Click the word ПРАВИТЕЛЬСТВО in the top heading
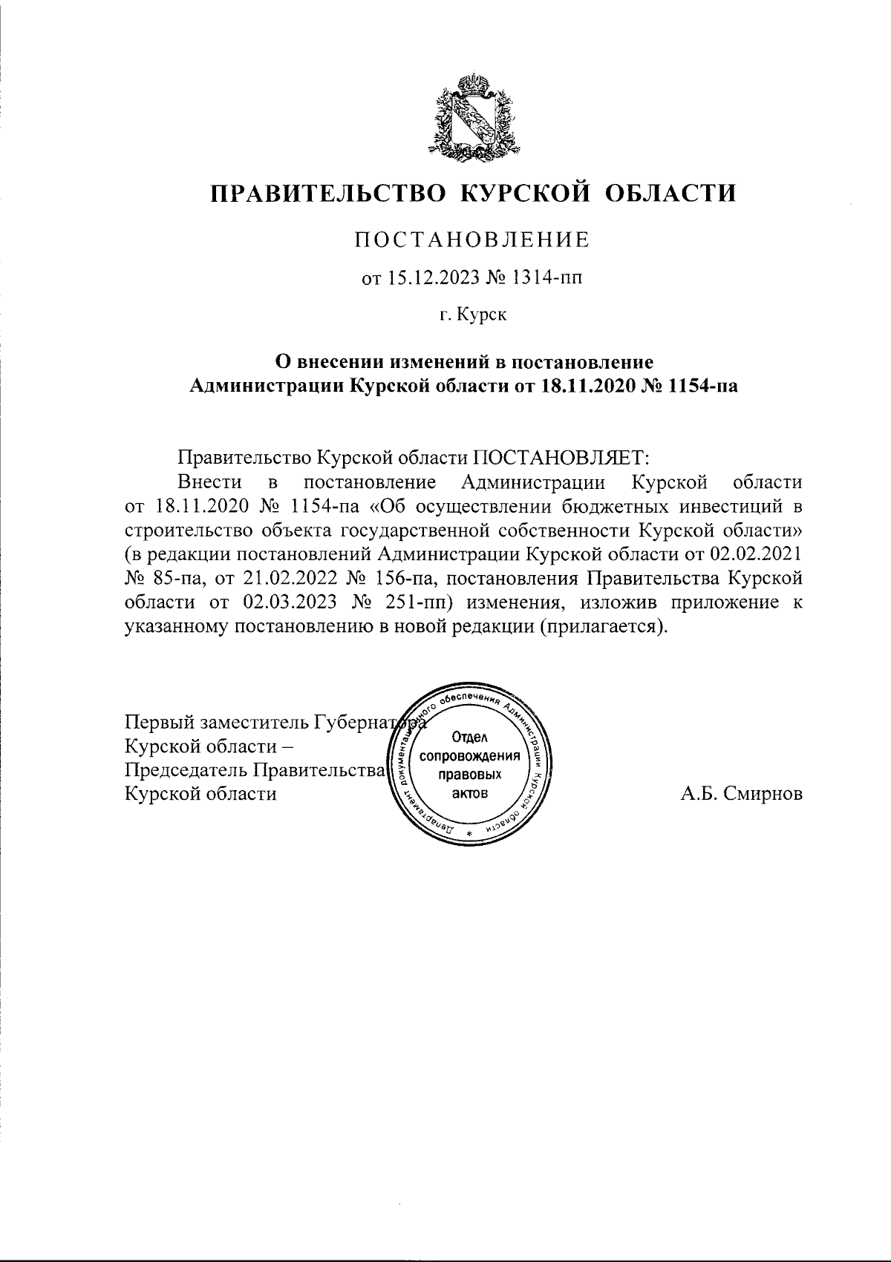(327, 194)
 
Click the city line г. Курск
(472, 315)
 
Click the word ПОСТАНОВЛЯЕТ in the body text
(561, 456)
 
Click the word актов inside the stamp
(469, 793)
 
